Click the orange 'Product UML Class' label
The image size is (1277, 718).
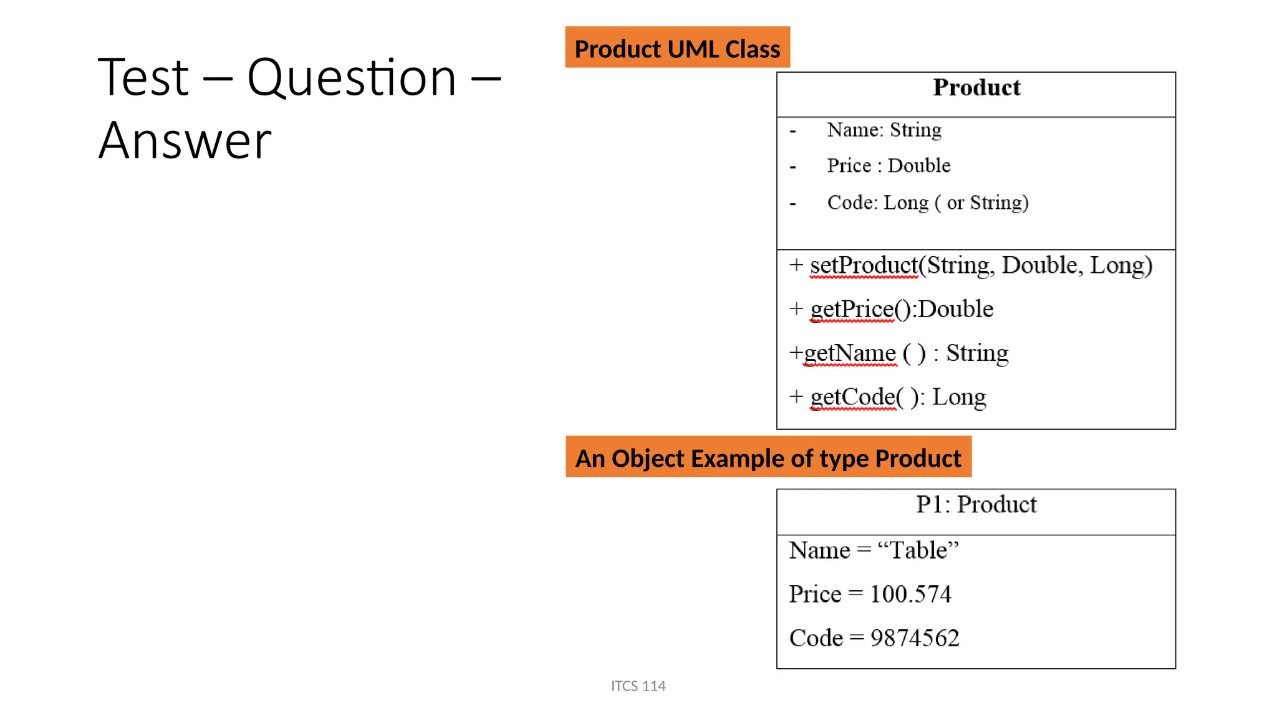[x=677, y=48]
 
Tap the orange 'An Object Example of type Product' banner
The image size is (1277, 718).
[x=768, y=457]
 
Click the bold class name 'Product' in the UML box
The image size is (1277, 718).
[x=976, y=88]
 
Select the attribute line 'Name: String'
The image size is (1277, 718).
[x=884, y=130]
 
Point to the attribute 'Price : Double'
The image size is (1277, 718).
[x=889, y=166]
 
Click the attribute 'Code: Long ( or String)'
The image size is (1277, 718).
[x=927, y=203]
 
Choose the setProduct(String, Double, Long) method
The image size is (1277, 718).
[x=981, y=266]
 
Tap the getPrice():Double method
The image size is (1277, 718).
[x=902, y=310]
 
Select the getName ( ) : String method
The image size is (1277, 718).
[x=905, y=353]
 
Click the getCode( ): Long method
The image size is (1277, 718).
[x=898, y=397]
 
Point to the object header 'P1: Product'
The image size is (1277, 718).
[x=976, y=504]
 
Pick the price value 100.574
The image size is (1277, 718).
[x=910, y=594]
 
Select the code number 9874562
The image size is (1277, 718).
[x=914, y=638]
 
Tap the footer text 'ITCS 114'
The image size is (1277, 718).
[x=638, y=686]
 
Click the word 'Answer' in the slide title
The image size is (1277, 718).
[x=185, y=141]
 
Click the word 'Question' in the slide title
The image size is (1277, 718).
[x=352, y=78]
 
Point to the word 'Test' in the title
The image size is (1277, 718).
[x=143, y=78]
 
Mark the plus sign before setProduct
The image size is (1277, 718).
[x=796, y=265]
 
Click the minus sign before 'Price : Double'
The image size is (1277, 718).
[x=793, y=167]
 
